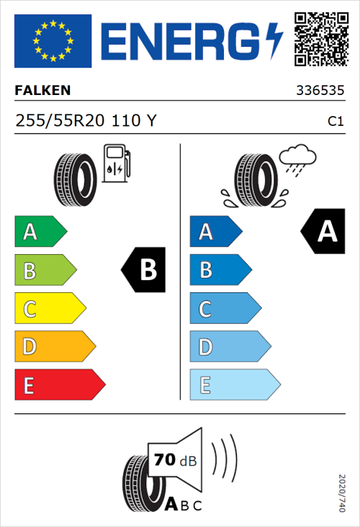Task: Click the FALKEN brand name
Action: [42, 91]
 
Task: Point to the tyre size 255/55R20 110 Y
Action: [86, 121]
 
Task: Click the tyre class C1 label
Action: [335, 122]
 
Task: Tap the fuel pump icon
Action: [116, 163]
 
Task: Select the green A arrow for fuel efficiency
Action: [40, 232]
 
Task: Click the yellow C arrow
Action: [49, 309]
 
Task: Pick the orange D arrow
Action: [54, 347]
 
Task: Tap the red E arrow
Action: [59, 385]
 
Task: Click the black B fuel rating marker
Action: [144, 270]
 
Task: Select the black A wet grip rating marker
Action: [323, 232]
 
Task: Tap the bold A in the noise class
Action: [171, 505]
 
